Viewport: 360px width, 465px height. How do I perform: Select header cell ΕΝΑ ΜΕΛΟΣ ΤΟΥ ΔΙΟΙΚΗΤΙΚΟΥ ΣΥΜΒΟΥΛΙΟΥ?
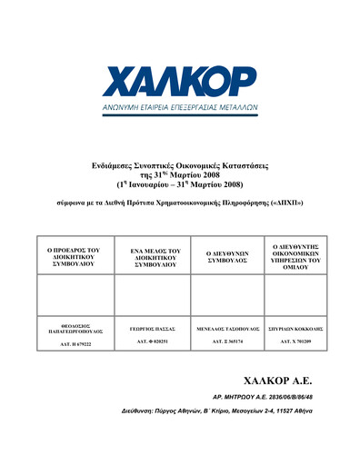[x=151, y=251]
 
